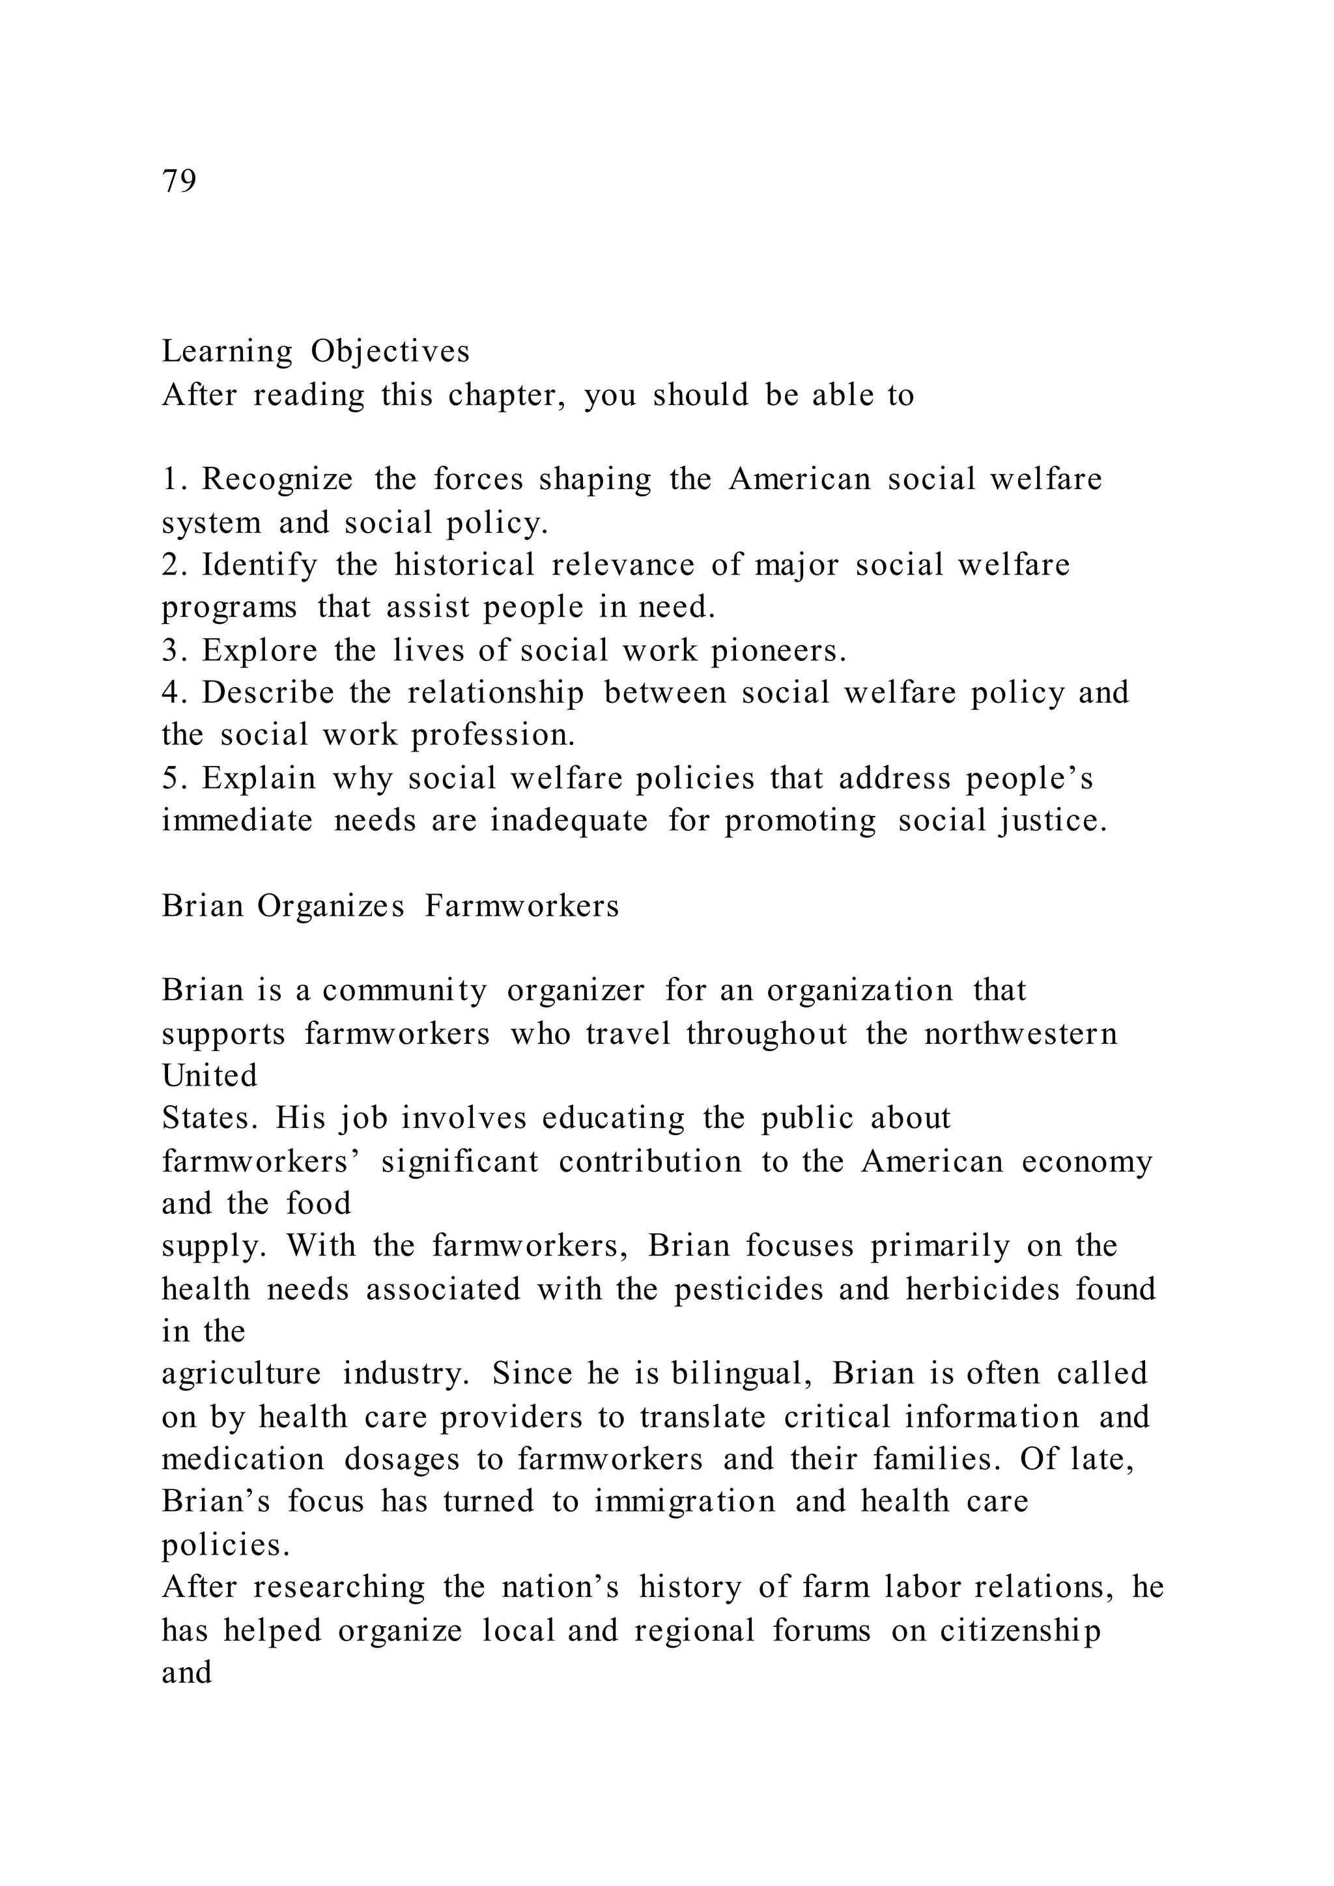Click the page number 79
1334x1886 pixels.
(x=179, y=180)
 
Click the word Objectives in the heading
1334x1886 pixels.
(x=390, y=352)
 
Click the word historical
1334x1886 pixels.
(x=464, y=565)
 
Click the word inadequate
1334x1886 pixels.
(x=569, y=821)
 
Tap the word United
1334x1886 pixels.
(x=210, y=1075)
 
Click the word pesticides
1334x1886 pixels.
(x=748, y=1289)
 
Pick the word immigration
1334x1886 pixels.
(x=685, y=1502)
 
